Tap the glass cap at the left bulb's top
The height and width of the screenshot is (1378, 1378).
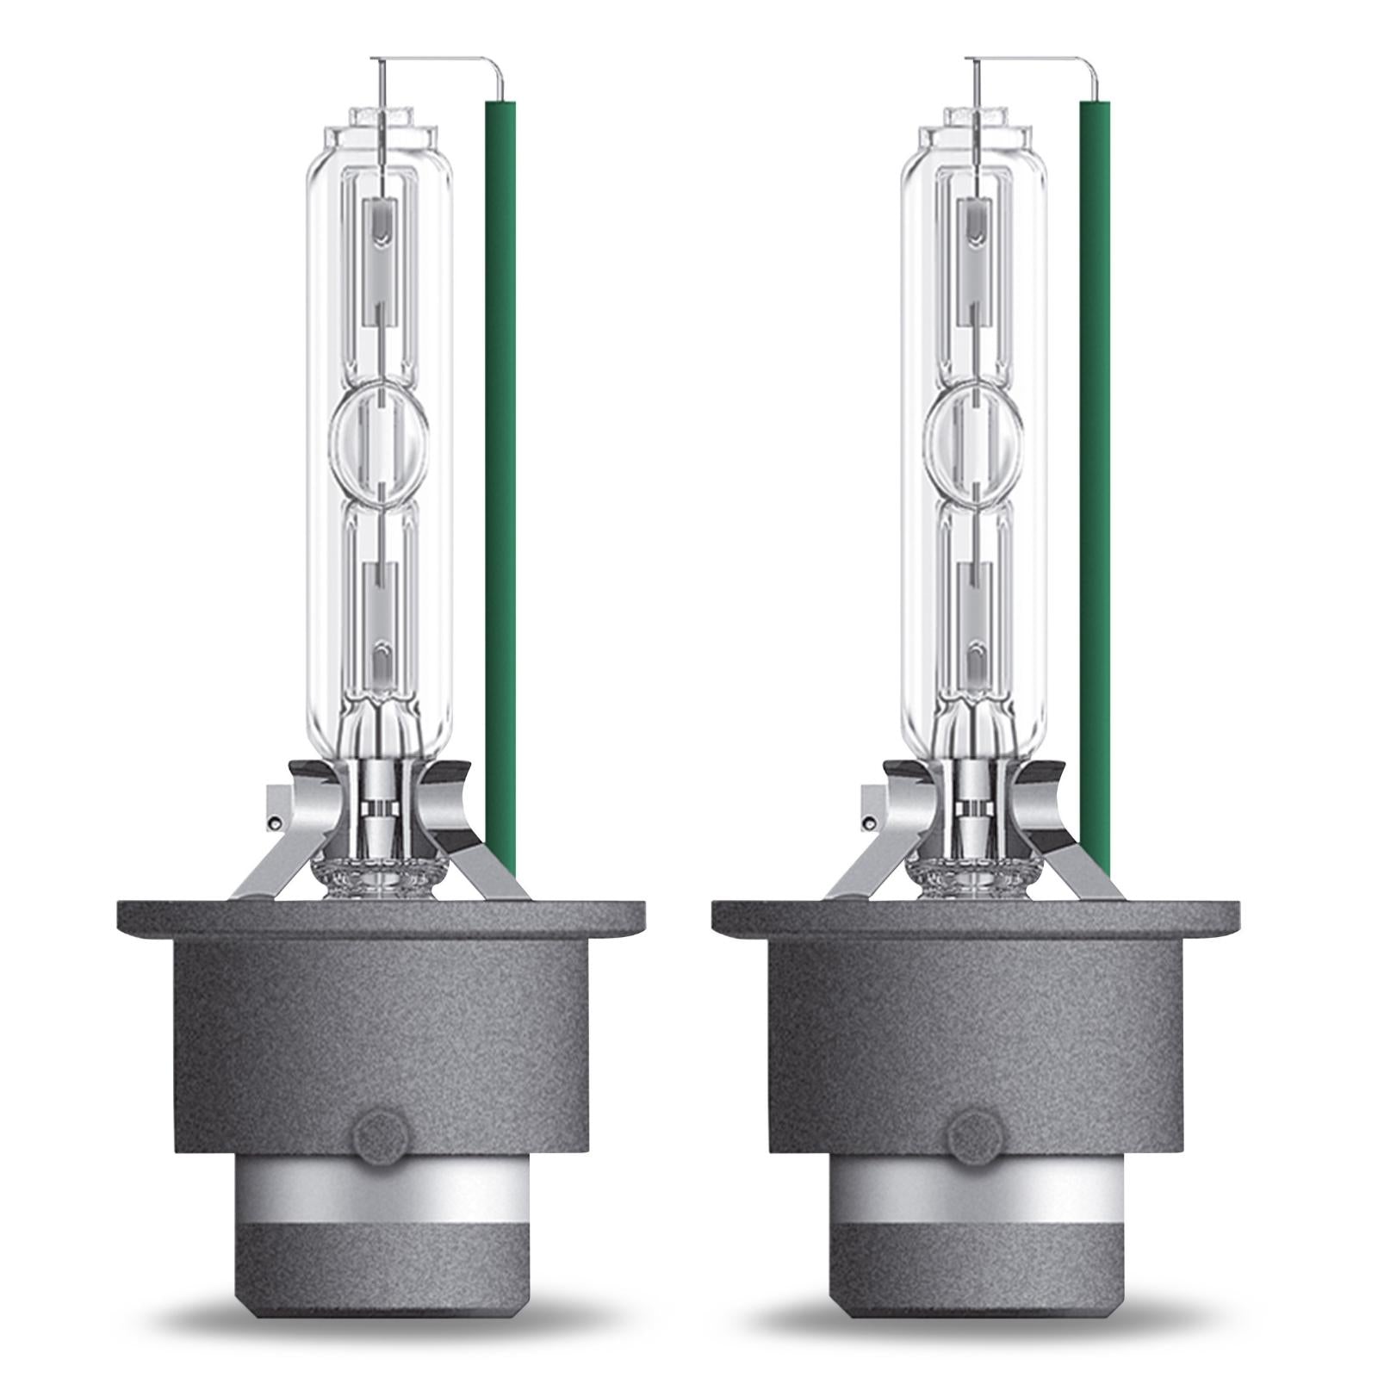(x=380, y=129)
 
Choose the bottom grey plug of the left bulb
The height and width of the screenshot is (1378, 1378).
(x=381, y=1266)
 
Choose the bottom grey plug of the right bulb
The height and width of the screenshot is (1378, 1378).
(x=976, y=1266)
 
